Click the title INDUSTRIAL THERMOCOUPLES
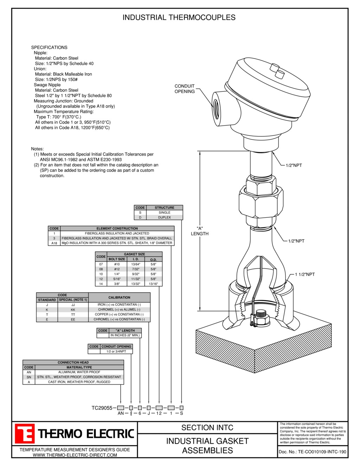tap(179, 17)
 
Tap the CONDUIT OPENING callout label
tap(185, 89)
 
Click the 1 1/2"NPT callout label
tap(304, 274)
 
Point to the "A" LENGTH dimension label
tap(200, 231)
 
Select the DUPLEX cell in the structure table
tap(164, 217)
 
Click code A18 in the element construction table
tap(54, 243)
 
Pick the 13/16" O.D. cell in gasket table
tap(153, 284)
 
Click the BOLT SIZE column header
tap(117, 259)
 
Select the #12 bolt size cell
tap(117, 269)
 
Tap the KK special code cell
tap(73, 310)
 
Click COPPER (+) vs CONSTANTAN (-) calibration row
tap(119, 314)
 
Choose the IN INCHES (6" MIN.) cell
tap(125, 335)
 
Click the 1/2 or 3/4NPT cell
tap(116, 351)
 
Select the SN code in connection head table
tap(29, 377)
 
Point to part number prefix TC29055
tap(102, 408)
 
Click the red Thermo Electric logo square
tap(25, 433)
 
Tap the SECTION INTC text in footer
tap(207, 428)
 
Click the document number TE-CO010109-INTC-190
tap(322, 452)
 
